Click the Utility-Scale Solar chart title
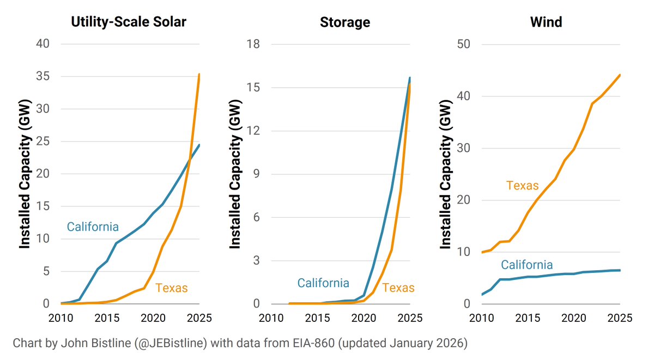(x=129, y=22)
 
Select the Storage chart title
(x=344, y=22)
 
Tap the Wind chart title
(x=546, y=22)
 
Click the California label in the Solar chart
(x=93, y=227)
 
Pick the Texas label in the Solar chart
(x=171, y=288)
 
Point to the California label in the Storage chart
(x=323, y=283)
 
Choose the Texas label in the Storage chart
(x=398, y=288)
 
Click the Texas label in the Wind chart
(x=522, y=185)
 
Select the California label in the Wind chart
(x=526, y=265)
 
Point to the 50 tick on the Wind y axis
(x=463, y=44)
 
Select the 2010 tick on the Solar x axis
(x=61, y=318)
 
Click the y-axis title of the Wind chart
(x=446, y=174)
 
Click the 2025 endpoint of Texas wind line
(x=620, y=75)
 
